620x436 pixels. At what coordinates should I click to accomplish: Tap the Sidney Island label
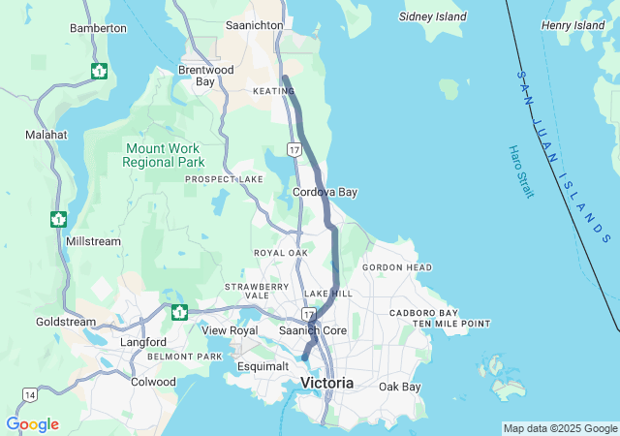pos(432,16)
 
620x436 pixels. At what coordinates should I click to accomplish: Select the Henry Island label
pos(573,25)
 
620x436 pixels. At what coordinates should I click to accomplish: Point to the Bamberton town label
pos(98,29)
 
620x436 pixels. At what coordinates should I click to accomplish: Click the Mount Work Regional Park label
pos(163,155)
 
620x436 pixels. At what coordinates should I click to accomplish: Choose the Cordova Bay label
pos(325,192)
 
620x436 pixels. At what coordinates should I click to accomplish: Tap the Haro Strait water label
pos(520,171)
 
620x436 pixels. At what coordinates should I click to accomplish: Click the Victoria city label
pos(326,384)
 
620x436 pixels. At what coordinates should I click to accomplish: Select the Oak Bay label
pos(400,387)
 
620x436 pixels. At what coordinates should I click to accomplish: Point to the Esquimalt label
pos(263,366)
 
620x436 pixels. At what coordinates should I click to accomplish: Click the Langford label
pos(143,342)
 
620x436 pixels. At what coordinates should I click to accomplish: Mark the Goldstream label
pos(66,322)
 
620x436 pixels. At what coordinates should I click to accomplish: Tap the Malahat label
pos(46,136)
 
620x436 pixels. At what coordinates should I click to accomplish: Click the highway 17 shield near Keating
pos(294,148)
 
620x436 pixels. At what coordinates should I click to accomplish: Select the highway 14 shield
pos(30,394)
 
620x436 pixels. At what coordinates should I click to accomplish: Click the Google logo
pos(32,424)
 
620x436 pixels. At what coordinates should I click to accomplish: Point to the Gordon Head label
pos(396,267)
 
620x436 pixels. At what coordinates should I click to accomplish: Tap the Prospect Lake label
pos(224,179)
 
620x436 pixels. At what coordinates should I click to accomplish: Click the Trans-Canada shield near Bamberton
pos(99,71)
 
